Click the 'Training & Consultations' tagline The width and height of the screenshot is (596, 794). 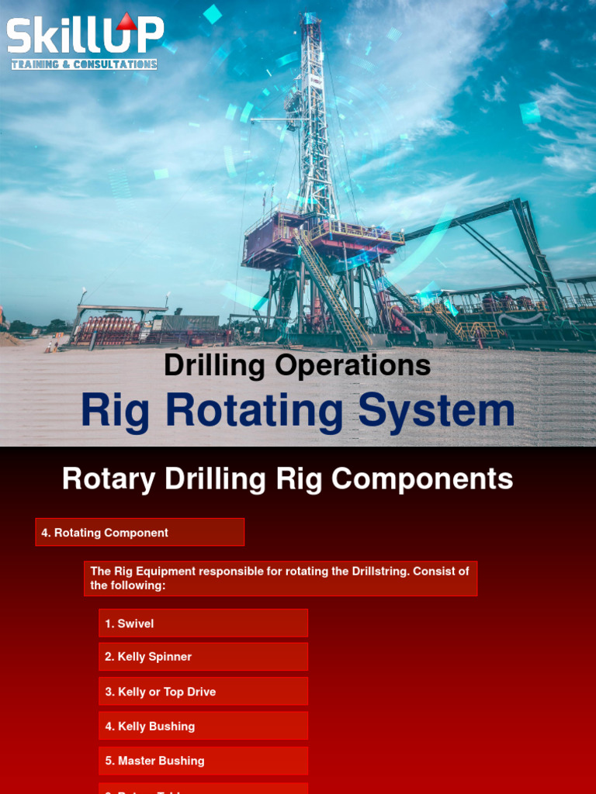84,64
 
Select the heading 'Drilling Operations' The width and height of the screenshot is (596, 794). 297,365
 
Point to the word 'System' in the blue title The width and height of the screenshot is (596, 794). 436,411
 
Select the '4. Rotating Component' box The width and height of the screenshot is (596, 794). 140,533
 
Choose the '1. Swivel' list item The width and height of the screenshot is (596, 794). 203,623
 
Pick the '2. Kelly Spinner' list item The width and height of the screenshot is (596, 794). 203,657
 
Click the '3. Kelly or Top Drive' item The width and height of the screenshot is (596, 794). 203,692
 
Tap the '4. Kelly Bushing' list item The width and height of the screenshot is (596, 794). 203,727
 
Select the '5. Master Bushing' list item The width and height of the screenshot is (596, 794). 203,761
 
